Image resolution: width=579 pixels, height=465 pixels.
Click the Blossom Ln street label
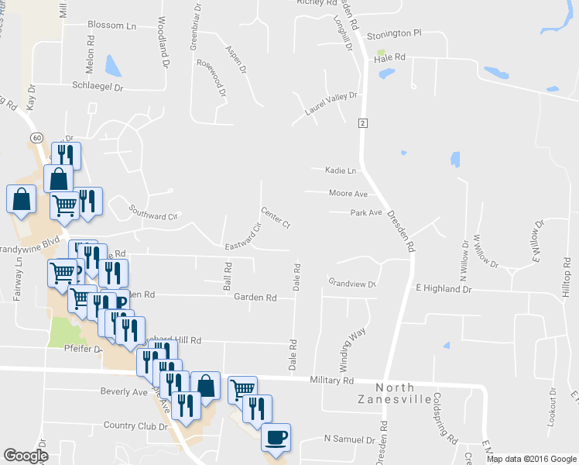pyautogui.click(x=111, y=26)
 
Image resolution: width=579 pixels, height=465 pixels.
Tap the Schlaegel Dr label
pyautogui.click(x=98, y=87)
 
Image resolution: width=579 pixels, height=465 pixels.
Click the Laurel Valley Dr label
pyautogui.click(x=331, y=104)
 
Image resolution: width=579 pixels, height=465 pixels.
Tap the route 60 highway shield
pyautogui.click(x=36, y=137)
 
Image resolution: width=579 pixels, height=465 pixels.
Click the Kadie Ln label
pyautogui.click(x=341, y=170)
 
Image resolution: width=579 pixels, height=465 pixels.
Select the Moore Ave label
pyautogui.click(x=348, y=193)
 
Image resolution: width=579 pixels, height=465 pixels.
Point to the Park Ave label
pyautogui.click(x=366, y=212)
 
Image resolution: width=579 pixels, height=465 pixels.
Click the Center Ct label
pyautogui.click(x=275, y=218)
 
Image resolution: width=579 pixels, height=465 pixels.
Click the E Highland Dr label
pyautogui.click(x=444, y=288)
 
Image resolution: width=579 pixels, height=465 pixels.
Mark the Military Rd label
pyautogui.click(x=331, y=381)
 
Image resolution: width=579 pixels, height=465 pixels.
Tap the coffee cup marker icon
pyautogui.click(x=276, y=437)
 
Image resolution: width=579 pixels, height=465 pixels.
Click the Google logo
pyautogui.click(x=26, y=456)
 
